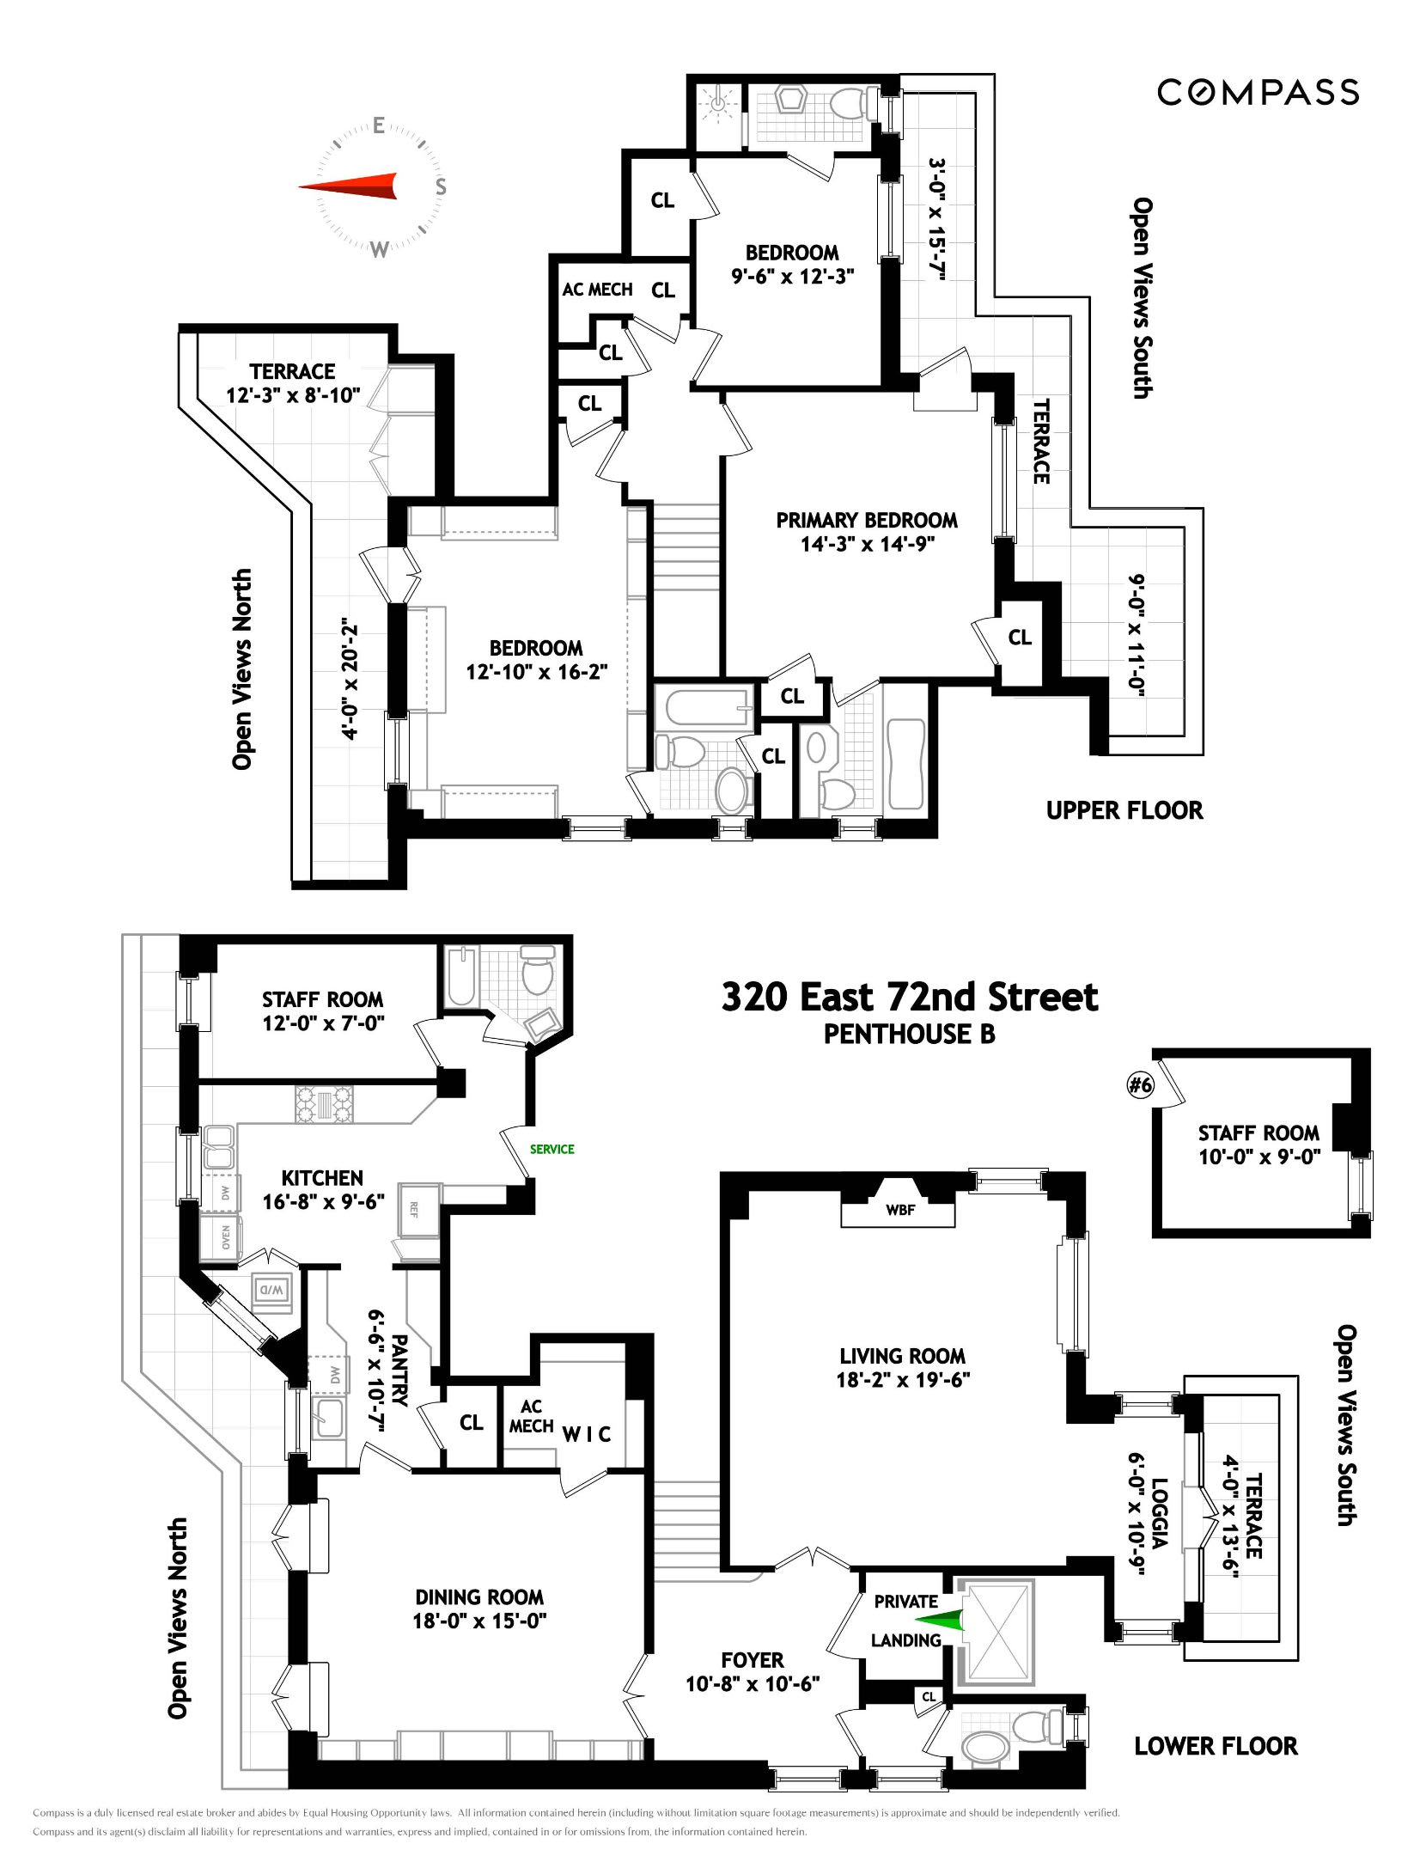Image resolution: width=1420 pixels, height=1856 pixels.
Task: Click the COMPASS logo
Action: coord(1257,92)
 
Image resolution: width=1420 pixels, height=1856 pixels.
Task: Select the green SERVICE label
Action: coord(552,1149)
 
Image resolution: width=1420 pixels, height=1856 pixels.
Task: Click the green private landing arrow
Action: coord(941,1621)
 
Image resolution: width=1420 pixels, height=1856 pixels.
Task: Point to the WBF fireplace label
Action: coord(899,1210)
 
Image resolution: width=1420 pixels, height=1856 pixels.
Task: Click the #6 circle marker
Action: coord(1140,1084)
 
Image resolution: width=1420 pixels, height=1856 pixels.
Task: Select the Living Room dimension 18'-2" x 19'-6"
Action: coord(902,1379)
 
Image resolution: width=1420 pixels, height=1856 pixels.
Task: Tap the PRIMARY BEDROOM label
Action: coord(866,520)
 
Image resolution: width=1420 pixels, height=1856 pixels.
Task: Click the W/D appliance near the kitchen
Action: coord(271,1290)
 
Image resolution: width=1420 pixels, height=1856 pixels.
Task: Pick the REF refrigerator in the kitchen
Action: coord(414,1210)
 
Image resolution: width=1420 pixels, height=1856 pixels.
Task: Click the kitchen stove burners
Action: coord(324,1104)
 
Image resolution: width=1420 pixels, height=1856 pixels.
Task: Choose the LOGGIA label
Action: coord(1159,1513)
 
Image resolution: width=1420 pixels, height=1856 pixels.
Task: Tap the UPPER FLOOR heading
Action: coord(1124,810)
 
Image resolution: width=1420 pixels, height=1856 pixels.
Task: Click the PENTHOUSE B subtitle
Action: coord(909,1034)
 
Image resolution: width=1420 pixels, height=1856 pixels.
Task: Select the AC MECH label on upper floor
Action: coord(597,290)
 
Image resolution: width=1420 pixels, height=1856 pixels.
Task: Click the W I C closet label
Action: coord(586,1433)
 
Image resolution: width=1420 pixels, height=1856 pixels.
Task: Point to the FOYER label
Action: coord(752,1660)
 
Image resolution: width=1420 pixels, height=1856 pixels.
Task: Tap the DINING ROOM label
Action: coord(478,1597)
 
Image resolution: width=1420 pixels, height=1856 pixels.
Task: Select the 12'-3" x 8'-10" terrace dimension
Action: coord(292,395)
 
